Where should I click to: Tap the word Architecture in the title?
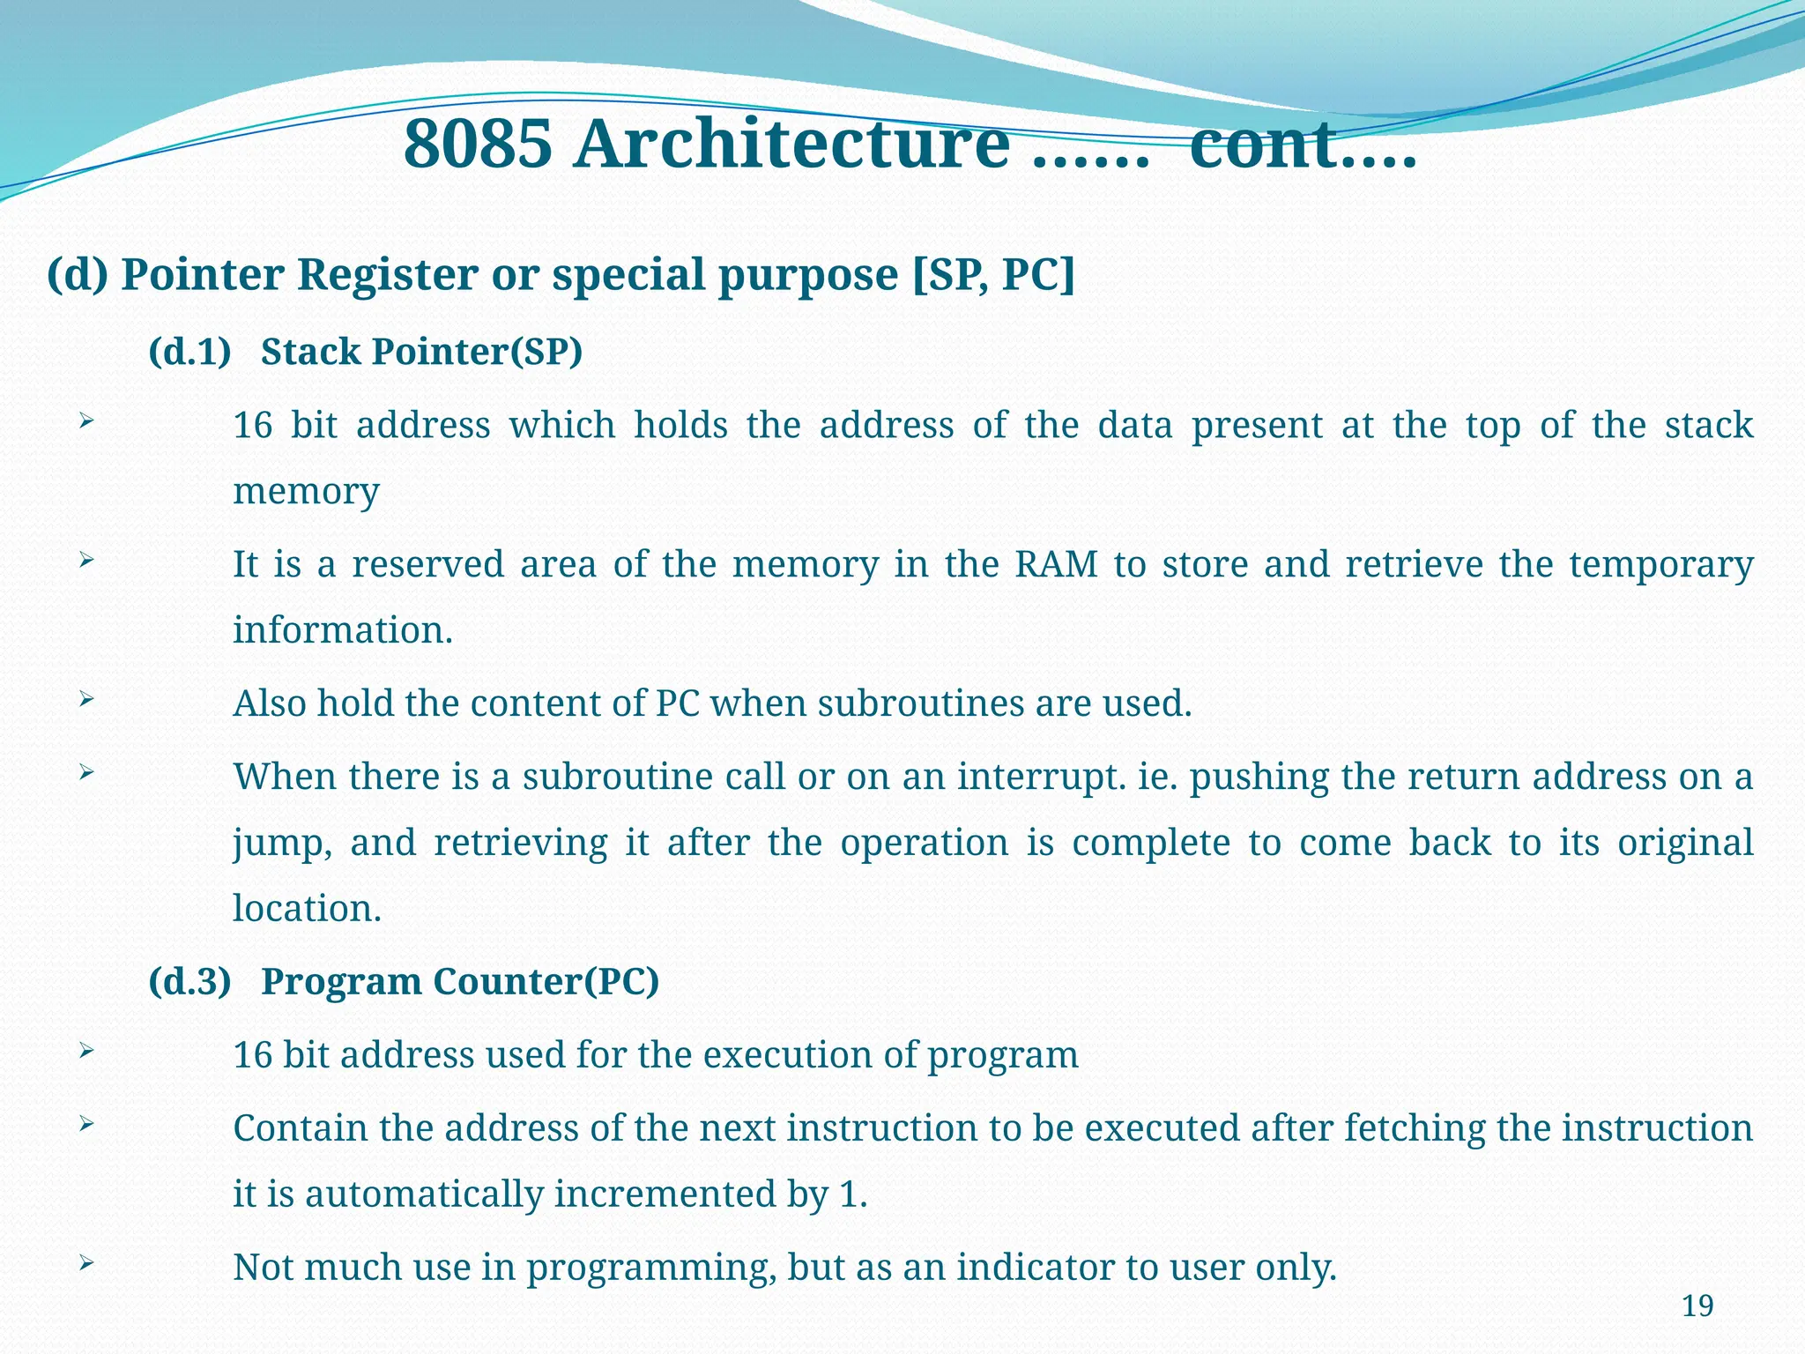(x=791, y=145)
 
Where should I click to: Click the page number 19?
(x=1697, y=1306)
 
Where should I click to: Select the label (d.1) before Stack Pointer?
(x=189, y=352)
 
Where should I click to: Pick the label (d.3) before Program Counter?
(x=189, y=982)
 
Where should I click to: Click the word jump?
(x=282, y=844)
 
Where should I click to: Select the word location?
(x=307, y=909)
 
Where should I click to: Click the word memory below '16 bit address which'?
(x=306, y=491)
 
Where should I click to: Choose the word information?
(x=342, y=630)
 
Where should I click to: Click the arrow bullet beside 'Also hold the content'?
(x=85, y=700)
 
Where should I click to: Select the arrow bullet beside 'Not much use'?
(x=85, y=1263)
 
